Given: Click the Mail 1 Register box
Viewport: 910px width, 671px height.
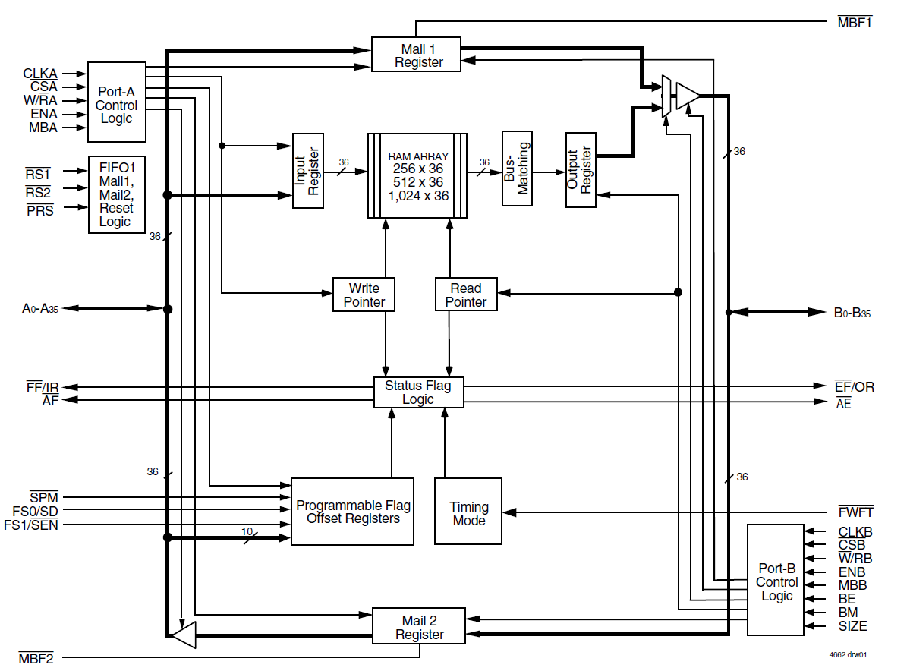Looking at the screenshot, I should click(x=416, y=55).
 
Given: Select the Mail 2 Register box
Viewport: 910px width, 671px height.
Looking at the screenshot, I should click(x=418, y=627).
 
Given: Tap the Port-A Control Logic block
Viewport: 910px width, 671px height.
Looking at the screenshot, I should click(x=117, y=102).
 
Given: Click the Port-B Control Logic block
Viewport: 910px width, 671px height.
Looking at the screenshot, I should click(x=776, y=580).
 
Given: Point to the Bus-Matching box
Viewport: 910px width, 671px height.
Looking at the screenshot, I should click(x=517, y=169).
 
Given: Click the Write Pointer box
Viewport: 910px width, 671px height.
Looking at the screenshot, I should click(x=364, y=295).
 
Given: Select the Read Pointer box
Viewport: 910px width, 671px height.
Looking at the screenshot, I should click(x=466, y=295).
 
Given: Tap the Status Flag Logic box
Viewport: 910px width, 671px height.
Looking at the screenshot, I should click(x=418, y=392).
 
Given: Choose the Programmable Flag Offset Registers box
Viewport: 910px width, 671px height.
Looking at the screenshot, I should click(x=353, y=512).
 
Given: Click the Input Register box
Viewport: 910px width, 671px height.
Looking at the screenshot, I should click(x=308, y=172).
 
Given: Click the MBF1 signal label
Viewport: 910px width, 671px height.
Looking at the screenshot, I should click(x=855, y=22).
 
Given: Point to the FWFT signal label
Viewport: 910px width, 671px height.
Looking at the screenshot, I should click(x=855, y=512).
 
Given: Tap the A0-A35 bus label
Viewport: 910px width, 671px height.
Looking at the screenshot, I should click(x=39, y=309).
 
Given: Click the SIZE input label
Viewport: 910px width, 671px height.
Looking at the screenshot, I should click(x=852, y=626).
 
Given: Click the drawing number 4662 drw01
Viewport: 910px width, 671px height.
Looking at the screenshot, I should click(x=847, y=654).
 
